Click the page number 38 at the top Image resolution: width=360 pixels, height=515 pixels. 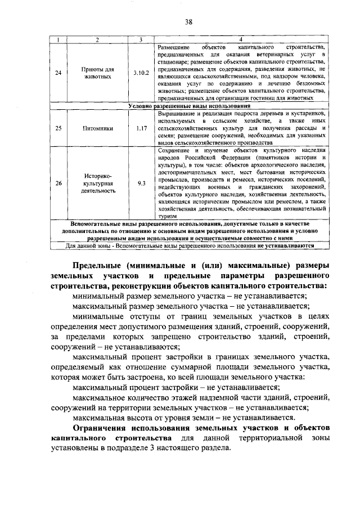(189, 22)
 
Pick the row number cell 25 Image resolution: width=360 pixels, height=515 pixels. (58, 128)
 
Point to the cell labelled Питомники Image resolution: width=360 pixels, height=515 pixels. (97, 128)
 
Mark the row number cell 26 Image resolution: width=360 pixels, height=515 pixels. (58, 183)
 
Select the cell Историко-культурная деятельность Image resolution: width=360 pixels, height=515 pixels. (97, 183)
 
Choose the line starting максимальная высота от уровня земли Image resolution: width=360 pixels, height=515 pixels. (183, 417)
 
